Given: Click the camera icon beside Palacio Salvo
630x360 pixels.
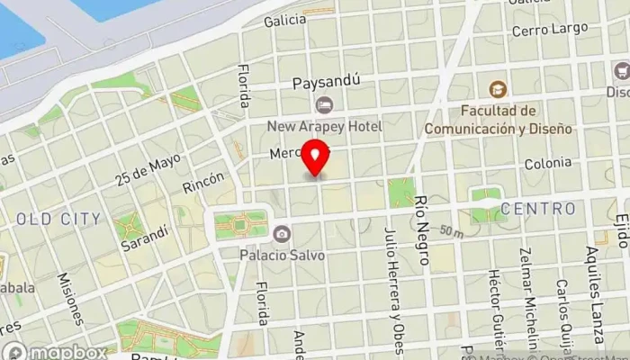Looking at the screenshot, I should [x=282, y=234].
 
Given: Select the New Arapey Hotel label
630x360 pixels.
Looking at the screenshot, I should [x=324, y=127].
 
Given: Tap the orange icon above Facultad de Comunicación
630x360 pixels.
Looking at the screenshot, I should [x=497, y=89].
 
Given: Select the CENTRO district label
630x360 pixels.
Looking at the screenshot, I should [x=538, y=209].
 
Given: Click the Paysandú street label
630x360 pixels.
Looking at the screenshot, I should [x=326, y=82].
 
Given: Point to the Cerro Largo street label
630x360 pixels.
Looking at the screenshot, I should [x=549, y=30].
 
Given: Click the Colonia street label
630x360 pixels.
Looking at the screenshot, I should [x=550, y=163].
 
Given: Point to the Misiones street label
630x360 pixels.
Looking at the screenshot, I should [x=71, y=299].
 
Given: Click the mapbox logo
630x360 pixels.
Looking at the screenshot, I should [x=54, y=351].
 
